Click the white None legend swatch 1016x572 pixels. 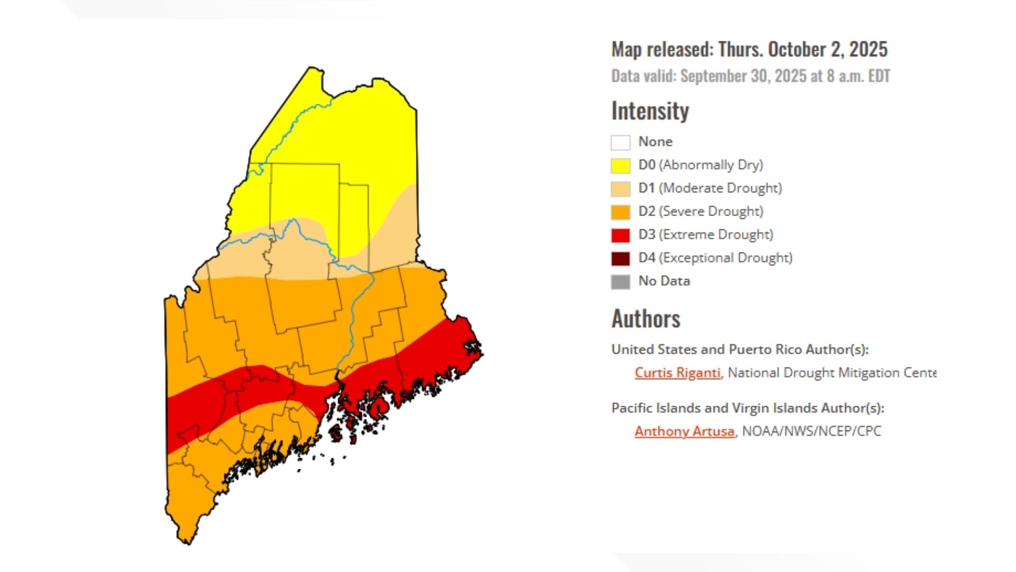coord(620,142)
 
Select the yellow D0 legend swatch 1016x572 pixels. coord(620,166)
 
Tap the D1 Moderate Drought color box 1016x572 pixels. coord(620,189)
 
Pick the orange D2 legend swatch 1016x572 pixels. coord(620,212)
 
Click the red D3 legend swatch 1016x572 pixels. coord(620,235)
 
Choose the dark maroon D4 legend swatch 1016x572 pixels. coord(620,258)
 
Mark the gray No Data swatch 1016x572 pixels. coord(620,282)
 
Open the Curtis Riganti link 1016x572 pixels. coord(677,373)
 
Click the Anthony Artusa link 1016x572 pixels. coord(684,431)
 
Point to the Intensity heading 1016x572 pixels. coord(650,111)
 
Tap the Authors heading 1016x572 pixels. coord(646,319)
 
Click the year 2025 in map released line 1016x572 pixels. coord(868,49)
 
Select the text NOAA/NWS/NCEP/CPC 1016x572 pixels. coord(811,431)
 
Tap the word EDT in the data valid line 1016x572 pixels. coord(879,76)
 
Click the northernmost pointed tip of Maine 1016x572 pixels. coord(311,68)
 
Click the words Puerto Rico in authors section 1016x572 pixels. coord(765,350)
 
